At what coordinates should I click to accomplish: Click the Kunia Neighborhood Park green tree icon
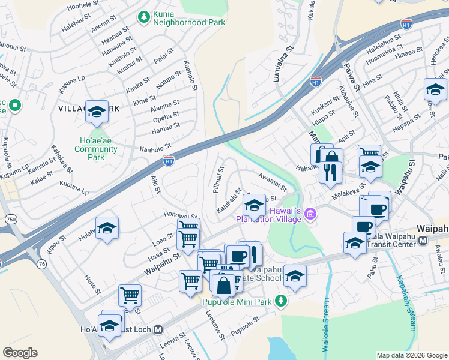(x=143, y=16)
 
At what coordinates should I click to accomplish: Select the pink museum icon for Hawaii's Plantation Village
(x=310, y=214)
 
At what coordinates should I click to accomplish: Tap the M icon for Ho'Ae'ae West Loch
(x=158, y=329)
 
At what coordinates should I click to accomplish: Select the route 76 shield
(x=41, y=265)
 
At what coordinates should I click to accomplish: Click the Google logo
(x=20, y=353)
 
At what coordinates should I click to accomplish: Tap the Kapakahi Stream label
(x=405, y=303)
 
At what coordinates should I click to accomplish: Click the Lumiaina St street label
(x=283, y=62)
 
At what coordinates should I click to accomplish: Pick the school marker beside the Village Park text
(x=97, y=112)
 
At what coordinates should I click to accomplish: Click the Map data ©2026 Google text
(x=411, y=355)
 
